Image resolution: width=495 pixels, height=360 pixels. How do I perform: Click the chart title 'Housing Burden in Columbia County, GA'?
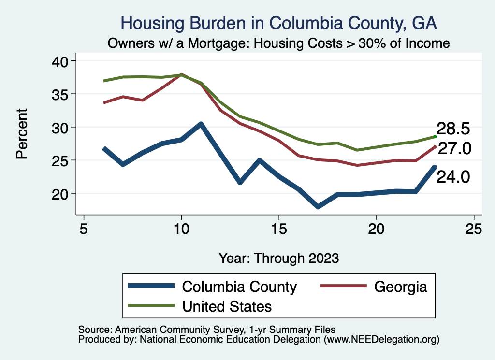[278, 23]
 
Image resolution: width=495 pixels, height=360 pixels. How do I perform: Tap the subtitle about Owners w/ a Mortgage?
[279, 43]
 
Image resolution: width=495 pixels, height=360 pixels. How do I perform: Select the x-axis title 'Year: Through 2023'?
[278, 258]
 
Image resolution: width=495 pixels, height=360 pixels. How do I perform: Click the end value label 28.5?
[453, 129]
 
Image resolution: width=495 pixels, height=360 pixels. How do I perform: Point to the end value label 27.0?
[454, 149]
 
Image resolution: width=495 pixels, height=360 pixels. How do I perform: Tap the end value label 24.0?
[453, 177]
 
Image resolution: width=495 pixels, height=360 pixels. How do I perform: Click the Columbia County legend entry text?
[239, 287]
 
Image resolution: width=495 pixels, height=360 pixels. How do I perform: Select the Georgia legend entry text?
[401, 287]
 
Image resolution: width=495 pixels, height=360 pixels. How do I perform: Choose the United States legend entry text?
[227, 306]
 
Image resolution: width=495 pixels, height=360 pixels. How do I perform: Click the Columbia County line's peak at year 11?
[201, 124]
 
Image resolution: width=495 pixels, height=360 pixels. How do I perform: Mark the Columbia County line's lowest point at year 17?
[318, 207]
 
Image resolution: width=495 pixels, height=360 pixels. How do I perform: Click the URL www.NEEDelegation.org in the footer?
[381, 339]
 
